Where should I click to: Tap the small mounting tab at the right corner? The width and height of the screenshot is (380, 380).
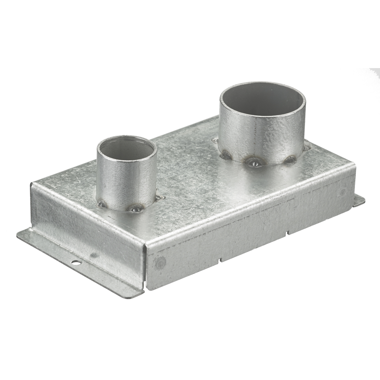pyautogui.click(x=359, y=200)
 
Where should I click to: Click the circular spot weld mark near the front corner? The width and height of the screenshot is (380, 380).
pyautogui.click(x=160, y=262)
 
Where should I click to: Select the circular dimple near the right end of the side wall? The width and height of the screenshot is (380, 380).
pyautogui.click(x=342, y=192)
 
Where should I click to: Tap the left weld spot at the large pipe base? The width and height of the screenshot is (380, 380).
pyautogui.click(x=225, y=155)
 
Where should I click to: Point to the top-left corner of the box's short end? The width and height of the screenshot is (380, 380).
pyautogui.click(x=32, y=184)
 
